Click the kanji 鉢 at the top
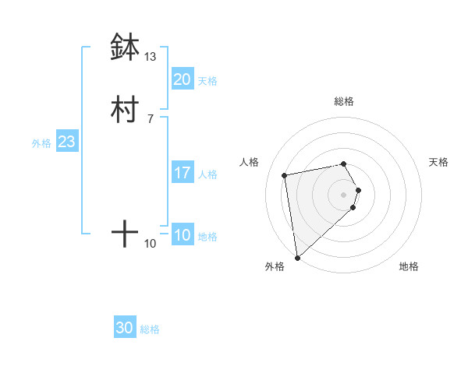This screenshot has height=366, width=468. (x=125, y=48)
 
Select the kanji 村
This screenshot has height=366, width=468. (x=125, y=110)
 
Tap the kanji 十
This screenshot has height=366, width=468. (x=125, y=234)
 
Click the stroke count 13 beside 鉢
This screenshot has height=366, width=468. (x=150, y=57)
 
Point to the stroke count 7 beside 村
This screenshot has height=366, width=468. (x=150, y=119)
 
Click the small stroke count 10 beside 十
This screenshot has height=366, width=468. (x=150, y=244)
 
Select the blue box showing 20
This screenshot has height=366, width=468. (x=182, y=79)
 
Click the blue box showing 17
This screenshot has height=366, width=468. (x=182, y=173)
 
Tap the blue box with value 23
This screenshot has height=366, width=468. (x=66, y=142)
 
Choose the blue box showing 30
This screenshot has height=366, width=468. (x=125, y=328)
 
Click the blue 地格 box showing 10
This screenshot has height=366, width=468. (x=182, y=235)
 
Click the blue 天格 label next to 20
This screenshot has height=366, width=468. (x=207, y=81)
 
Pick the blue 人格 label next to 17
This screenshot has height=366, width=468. (x=207, y=174)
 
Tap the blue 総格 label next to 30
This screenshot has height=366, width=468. (x=150, y=329)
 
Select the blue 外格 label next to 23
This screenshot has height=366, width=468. (x=41, y=143)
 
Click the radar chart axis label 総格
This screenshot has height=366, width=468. (x=343, y=101)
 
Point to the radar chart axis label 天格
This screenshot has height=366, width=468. (x=438, y=162)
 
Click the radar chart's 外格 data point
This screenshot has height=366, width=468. (x=297, y=257)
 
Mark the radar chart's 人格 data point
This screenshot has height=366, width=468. (x=285, y=174)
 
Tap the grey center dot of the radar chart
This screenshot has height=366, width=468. (x=343, y=194)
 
